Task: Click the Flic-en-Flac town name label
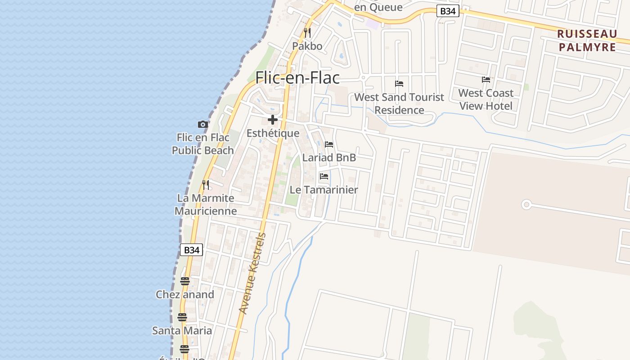[297, 78]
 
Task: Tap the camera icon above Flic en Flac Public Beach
[203, 124]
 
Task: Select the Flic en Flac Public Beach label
[203, 144]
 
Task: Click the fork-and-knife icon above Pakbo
[307, 33]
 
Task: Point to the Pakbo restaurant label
[307, 46]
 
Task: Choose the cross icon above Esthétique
[273, 120]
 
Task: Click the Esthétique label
[273, 133]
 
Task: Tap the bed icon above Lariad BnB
[329, 144]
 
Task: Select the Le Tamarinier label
[324, 189]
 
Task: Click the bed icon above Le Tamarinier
[324, 176]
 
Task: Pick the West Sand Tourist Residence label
[399, 103]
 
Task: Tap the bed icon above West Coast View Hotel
[486, 80]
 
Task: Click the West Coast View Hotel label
[486, 99]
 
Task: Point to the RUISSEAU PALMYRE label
[587, 40]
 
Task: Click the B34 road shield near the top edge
[448, 11]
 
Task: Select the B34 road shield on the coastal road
[192, 250]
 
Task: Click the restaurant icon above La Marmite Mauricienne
[206, 185]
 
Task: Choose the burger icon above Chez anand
[185, 281]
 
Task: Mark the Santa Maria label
[182, 330]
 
